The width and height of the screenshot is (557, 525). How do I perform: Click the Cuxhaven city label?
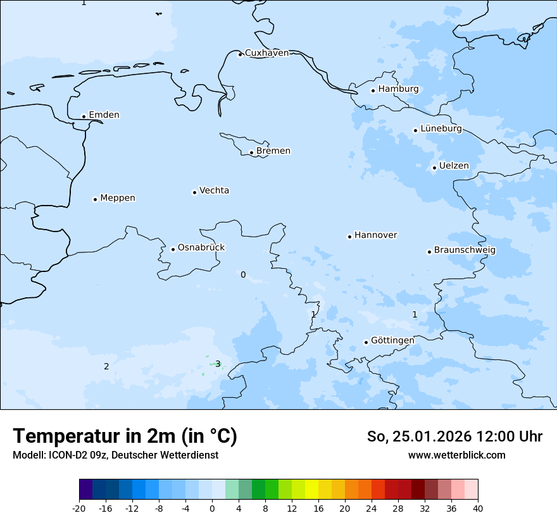266,53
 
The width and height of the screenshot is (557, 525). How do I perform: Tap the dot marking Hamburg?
373,90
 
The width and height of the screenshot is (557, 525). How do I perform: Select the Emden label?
104,115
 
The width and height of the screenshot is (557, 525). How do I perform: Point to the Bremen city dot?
251,152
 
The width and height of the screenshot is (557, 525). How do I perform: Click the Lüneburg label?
441,128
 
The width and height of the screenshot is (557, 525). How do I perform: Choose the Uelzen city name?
454,166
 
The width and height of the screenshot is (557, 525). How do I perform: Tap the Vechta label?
214,190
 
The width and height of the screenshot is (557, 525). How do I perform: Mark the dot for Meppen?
95,199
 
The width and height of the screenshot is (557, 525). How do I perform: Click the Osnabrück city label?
201,248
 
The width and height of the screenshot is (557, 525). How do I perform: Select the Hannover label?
375,235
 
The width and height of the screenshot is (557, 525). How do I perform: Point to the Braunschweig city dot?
429,252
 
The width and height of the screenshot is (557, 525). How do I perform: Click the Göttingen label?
392,340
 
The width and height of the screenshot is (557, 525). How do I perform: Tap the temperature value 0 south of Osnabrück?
243,275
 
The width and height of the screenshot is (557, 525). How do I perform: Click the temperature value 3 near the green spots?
218,364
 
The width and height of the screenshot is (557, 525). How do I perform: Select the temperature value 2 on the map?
106,366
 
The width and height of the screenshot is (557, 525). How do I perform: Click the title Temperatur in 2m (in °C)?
125,436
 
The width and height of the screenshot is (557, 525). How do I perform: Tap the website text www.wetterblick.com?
456,455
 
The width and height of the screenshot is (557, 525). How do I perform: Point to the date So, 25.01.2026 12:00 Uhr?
454,436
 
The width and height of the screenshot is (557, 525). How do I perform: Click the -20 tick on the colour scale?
79,509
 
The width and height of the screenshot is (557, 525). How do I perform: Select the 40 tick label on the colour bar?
478,509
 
